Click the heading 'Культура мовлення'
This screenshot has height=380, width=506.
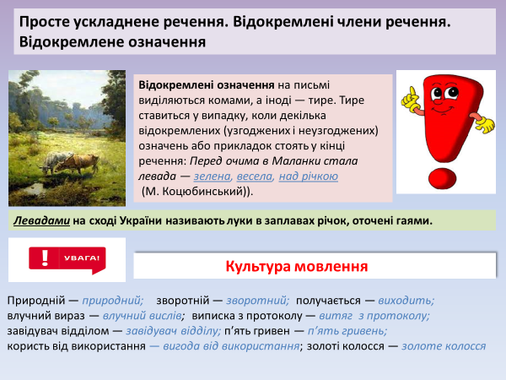(296, 266)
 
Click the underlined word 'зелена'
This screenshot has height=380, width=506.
(211, 176)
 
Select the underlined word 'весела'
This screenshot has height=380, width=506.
(255, 176)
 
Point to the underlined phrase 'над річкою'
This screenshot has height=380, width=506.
(308, 176)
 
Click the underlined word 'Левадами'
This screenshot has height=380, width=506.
(41, 221)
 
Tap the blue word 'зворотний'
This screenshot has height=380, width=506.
(259, 300)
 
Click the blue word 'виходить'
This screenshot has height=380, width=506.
(406, 300)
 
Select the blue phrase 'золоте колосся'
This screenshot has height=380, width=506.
(444, 345)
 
